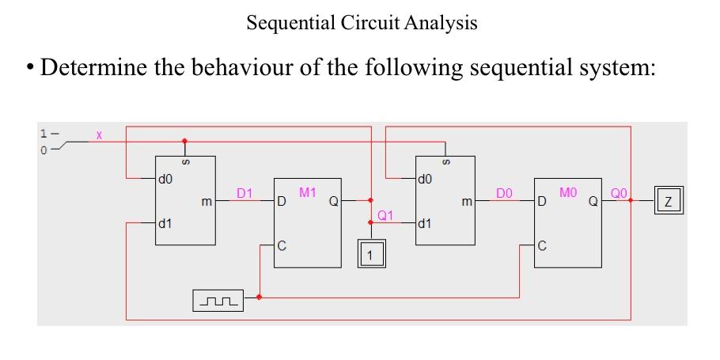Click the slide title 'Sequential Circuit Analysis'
click(362, 23)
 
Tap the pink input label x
click(99, 135)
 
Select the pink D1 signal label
click(245, 192)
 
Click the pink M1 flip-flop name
click(308, 192)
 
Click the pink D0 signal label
click(504, 192)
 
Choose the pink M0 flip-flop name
click(568, 192)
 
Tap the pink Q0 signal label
click(619, 192)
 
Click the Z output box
click(669, 201)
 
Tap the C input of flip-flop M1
click(281, 245)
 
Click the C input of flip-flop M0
click(542, 245)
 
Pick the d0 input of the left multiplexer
click(166, 179)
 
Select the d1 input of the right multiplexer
click(426, 223)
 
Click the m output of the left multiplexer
click(207, 203)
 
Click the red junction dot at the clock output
click(260, 298)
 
